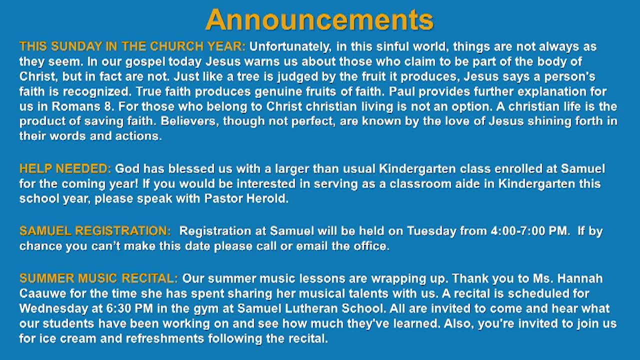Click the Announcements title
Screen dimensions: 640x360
(x=319, y=19)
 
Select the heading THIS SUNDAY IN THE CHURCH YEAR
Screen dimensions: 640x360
(x=132, y=46)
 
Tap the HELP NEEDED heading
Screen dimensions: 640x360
(x=65, y=169)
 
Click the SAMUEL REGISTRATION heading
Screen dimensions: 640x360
(x=95, y=231)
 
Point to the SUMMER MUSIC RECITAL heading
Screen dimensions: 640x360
(x=98, y=278)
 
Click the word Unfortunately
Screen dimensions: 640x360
(x=290, y=47)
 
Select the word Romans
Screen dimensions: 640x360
(x=75, y=106)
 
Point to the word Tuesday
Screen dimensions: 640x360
(x=431, y=231)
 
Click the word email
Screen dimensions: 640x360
(x=312, y=246)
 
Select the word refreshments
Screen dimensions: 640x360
(x=165, y=338)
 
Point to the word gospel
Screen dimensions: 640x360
(x=145, y=62)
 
